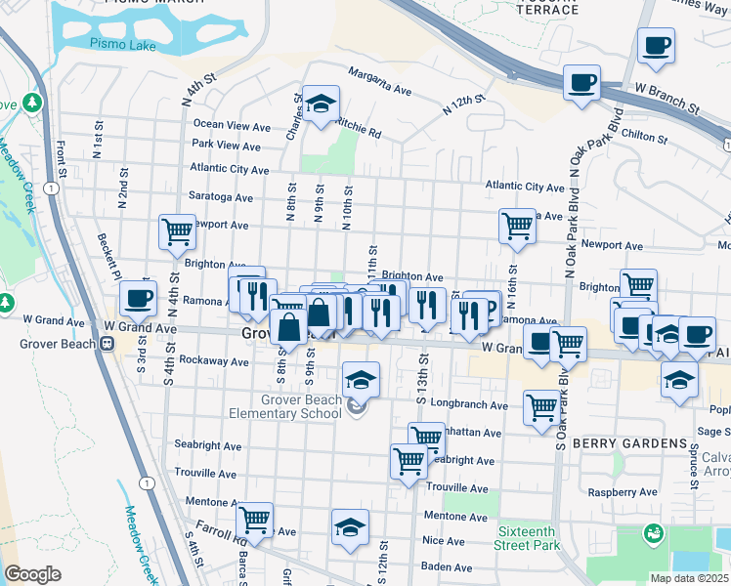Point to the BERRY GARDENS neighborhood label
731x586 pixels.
tap(629, 443)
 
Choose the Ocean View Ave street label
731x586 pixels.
tap(232, 126)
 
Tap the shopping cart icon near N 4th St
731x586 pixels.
tap(177, 232)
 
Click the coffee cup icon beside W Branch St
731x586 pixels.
tap(581, 83)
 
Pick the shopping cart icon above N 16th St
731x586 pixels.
tap(516, 226)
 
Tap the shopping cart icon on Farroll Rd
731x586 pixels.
tap(254, 520)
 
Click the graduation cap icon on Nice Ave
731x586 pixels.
tap(350, 527)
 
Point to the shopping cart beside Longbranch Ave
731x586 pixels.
tap(541, 406)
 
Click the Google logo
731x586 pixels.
tap(32, 574)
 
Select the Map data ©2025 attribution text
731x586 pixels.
tap(689, 578)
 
